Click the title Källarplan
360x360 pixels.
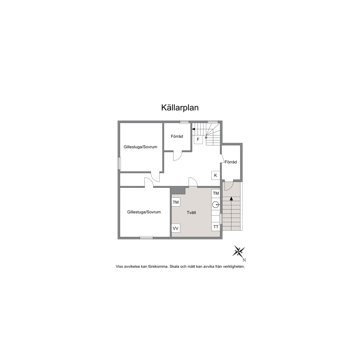coord(180,108)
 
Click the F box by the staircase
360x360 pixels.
coord(198,140)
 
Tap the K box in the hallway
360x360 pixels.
coord(216,175)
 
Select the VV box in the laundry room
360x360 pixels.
coord(176,228)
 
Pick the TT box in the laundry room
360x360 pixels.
coord(216,227)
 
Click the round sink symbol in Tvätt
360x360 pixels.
coord(215,205)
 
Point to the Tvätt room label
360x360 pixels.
coord(191,212)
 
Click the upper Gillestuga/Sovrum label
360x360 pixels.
coord(140,147)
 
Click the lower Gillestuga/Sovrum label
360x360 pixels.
coord(144,212)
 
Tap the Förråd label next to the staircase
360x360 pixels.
coord(177,136)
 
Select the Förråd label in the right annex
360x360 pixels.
coord(231,162)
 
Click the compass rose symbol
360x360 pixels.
coord(239,251)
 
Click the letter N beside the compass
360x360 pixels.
coord(244,260)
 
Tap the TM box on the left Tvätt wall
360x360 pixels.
coord(176,202)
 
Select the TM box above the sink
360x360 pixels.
coord(216,193)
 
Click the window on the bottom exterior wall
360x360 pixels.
coord(147,237)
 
